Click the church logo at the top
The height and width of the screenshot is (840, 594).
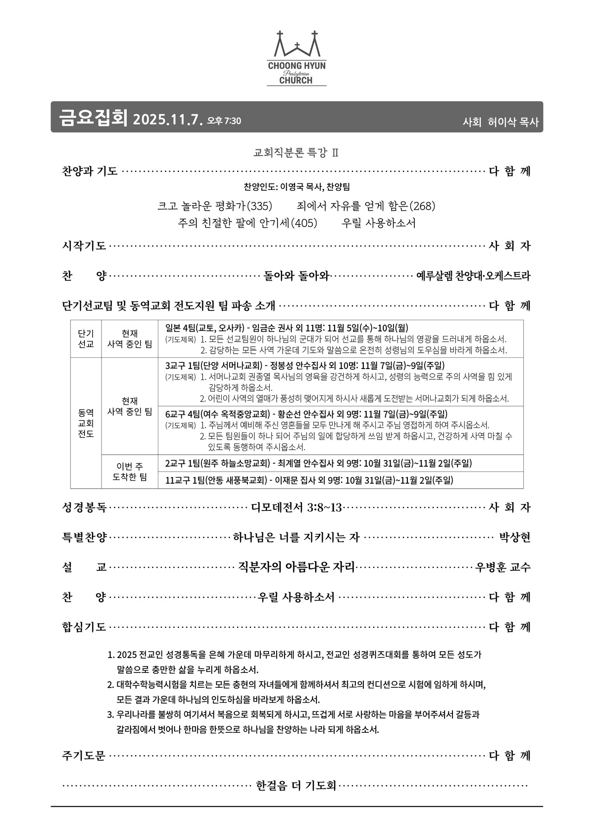(297, 58)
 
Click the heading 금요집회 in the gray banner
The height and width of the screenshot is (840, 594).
(93, 117)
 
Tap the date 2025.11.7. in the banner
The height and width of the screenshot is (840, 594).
(168, 119)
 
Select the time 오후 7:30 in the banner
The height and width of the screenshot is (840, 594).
(224, 121)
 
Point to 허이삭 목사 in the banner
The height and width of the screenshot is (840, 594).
(513, 122)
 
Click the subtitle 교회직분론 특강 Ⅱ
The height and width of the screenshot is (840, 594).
(296, 152)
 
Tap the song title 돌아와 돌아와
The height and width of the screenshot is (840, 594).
(297, 276)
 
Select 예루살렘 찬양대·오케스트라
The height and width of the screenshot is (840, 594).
(473, 276)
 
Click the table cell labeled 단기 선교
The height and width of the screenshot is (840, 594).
(86, 339)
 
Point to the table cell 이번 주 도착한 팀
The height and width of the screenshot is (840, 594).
(129, 472)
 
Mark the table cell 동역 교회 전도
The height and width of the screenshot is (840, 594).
(86, 423)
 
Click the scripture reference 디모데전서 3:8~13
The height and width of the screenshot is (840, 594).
(296, 507)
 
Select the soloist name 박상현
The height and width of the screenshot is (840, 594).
(515, 537)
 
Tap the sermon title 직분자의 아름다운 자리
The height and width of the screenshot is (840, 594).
(297, 567)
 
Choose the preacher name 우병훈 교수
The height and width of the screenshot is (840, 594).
(503, 567)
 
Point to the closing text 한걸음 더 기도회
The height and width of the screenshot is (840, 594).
(296, 786)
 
